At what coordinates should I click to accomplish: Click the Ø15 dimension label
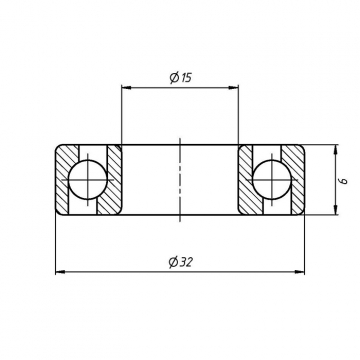point(180,78)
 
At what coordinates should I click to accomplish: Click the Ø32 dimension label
point(181,262)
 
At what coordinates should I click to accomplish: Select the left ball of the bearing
point(88,180)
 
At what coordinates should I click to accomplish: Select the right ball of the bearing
point(272,180)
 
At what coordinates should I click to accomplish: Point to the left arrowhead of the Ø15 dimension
point(126,88)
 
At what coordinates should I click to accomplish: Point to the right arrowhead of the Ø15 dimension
point(234,88)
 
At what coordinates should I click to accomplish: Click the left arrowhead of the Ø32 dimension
point(60,272)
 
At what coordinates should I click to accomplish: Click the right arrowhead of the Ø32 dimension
point(300,272)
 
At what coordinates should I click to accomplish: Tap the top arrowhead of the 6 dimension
point(335,149)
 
